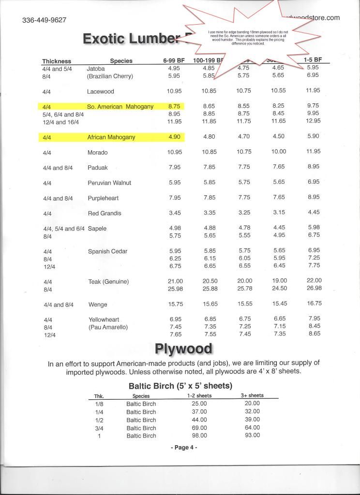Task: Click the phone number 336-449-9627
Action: pos(44,20)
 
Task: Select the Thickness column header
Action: pos(57,61)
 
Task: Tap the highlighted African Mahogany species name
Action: pos(111,137)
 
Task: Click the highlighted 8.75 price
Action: pos(174,106)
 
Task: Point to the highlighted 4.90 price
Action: pos(174,137)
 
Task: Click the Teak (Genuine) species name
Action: pos(108,281)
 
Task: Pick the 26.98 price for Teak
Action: pos(314,289)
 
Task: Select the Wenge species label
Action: pos(97,305)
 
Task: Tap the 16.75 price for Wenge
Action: pos(314,303)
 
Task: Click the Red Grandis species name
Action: pos(105,213)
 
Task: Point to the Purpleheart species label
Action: pos(103,198)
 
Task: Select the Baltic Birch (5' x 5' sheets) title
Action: pos(180,386)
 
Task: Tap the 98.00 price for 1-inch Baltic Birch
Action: pos(199,436)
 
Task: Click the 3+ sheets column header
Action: pos(252,395)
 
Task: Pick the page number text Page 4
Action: pos(184,448)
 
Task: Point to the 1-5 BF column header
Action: pos(313,60)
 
